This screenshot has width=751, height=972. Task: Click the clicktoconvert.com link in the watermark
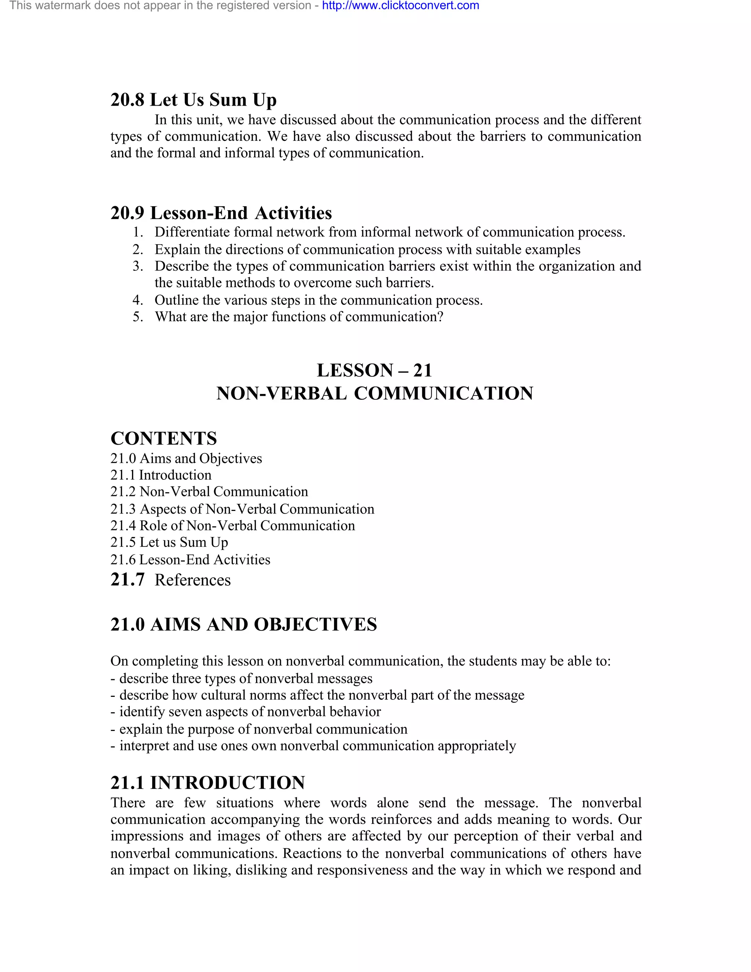400,6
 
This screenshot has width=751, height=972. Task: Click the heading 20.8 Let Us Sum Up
193,100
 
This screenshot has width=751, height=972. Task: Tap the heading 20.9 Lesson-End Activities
221,213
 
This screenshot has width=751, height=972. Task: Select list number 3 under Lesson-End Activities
138,266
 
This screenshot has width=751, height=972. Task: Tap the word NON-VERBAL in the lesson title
281,394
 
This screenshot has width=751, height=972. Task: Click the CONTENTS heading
163,438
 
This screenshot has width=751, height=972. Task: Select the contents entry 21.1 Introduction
161,475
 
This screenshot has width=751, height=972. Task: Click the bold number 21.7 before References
127,580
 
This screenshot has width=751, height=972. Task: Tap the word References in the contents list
193,580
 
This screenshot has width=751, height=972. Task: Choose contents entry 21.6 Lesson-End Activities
190,559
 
